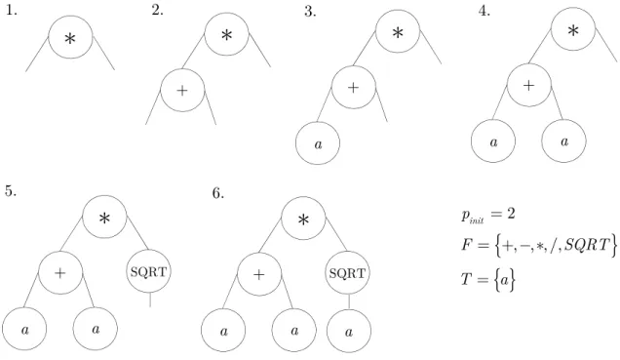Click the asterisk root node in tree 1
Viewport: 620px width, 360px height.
71,37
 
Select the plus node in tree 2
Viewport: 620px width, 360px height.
182,90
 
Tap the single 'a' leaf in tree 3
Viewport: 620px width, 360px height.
318,142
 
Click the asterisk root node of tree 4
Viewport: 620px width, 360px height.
573,29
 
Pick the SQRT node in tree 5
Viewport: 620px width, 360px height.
149,271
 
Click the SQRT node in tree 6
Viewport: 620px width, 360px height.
348,273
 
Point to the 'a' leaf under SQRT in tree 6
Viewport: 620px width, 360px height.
349,331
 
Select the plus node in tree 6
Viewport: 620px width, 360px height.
259,274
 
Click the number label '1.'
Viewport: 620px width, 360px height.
12,11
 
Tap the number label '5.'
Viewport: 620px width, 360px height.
11,191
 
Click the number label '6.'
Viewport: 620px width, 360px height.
218,193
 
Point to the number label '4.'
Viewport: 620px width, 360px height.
484,11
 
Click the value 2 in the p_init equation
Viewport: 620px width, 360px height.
511,214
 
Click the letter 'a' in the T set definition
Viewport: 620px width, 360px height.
504,280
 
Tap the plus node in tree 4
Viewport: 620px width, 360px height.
529,85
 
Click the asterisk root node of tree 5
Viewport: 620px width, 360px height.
104,217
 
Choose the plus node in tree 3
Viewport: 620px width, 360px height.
354,87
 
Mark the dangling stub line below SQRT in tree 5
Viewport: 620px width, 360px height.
150,300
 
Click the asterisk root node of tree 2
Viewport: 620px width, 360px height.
227,34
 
